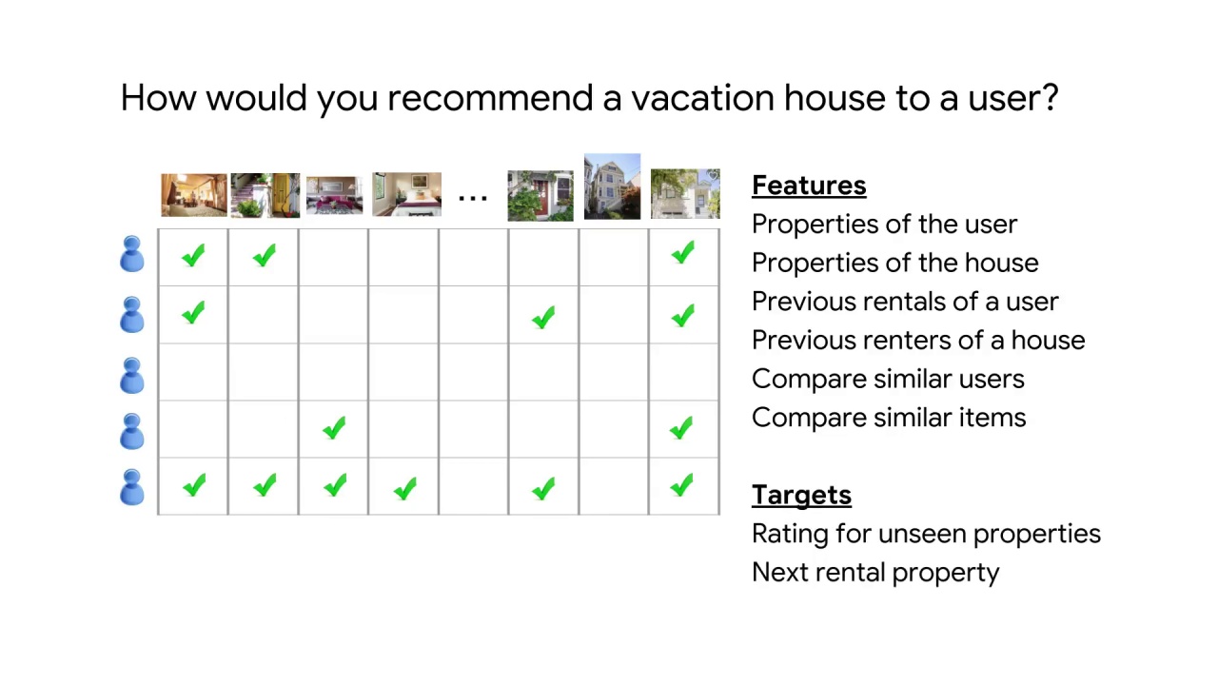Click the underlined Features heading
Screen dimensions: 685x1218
click(809, 186)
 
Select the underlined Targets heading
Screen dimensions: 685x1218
click(801, 495)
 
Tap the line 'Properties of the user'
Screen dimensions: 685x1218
click(884, 225)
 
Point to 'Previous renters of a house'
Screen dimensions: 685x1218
click(917, 341)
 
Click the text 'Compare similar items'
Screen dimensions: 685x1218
click(888, 418)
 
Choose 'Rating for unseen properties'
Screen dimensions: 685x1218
click(925, 534)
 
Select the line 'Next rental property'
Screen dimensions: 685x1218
click(874, 573)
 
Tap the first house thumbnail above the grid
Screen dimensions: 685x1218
click(194, 195)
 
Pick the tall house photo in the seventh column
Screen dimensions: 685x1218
click(612, 186)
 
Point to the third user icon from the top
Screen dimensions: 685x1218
click(132, 375)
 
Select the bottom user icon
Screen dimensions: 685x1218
click(132, 487)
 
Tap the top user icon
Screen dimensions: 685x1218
click(132, 254)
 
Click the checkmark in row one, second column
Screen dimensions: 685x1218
click(264, 256)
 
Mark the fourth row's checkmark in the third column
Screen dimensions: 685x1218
click(333, 429)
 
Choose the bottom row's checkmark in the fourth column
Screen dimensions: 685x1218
click(404, 489)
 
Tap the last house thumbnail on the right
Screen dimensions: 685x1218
click(685, 194)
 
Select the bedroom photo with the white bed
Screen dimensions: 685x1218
click(406, 194)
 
